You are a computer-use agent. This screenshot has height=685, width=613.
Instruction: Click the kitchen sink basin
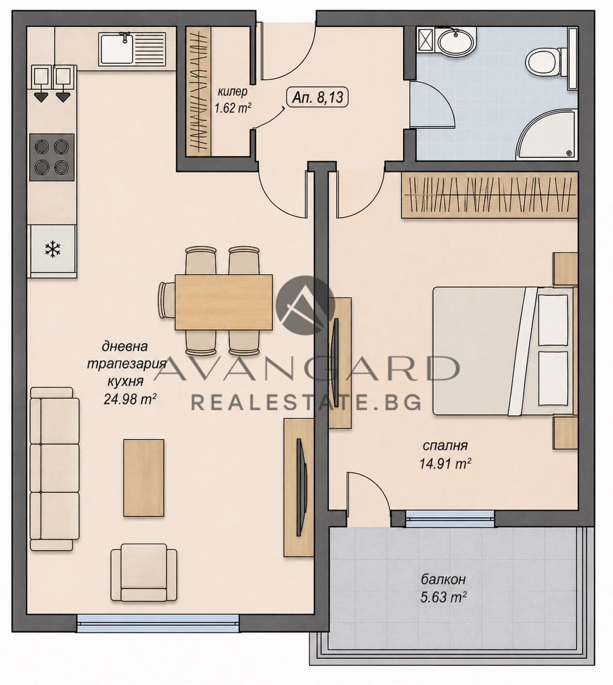click(x=116, y=49)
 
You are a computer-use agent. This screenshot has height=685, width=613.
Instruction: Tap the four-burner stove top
click(x=52, y=157)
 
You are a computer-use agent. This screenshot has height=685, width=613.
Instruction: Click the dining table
click(x=224, y=302)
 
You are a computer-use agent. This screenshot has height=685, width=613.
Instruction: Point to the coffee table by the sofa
click(x=144, y=478)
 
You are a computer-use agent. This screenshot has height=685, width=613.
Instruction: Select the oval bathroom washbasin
click(x=456, y=41)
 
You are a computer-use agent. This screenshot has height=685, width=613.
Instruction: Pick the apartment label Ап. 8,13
click(x=317, y=98)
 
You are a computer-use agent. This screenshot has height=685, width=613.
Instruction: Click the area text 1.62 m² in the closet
click(x=232, y=108)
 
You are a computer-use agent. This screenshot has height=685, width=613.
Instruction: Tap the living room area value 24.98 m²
click(x=130, y=399)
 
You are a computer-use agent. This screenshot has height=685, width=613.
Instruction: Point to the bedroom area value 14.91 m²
click(x=445, y=463)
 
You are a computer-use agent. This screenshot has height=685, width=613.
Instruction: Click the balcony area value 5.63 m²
click(x=443, y=597)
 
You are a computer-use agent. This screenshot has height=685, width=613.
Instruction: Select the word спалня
click(x=445, y=446)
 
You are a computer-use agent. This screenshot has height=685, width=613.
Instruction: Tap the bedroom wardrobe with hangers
click(x=489, y=195)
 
